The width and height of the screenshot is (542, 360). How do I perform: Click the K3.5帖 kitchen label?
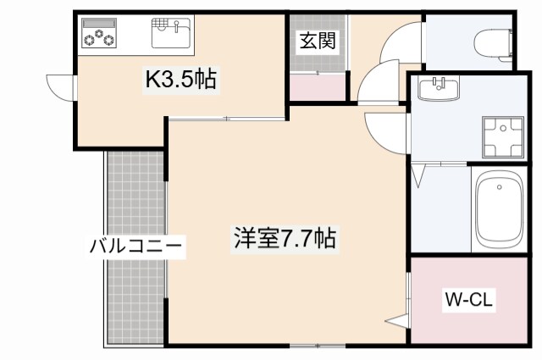tap(183, 81)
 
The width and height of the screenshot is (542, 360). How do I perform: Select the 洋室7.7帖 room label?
tap(285, 239)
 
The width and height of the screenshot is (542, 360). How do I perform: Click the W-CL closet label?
tap(469, 299)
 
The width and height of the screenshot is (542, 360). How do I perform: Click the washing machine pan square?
tap(506, 136)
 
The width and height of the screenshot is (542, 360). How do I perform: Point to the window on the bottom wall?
tap(318, 345)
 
